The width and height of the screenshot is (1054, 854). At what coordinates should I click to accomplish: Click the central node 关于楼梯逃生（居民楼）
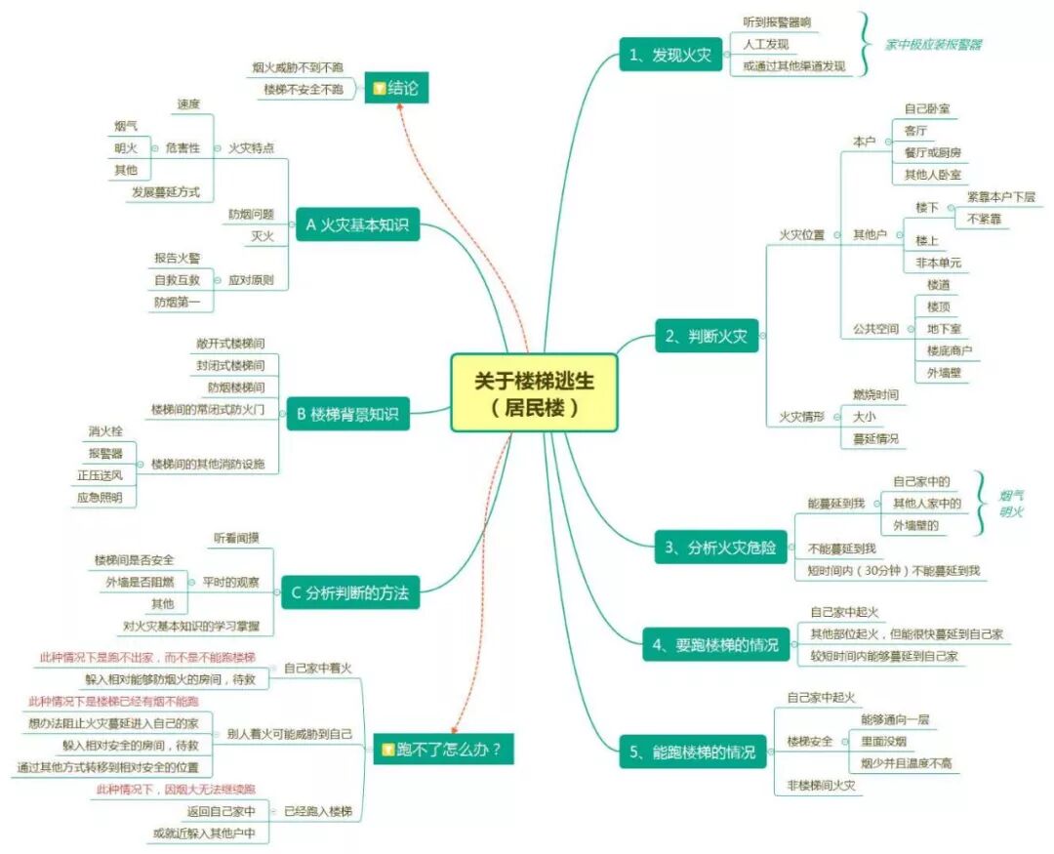(x=534, y=392)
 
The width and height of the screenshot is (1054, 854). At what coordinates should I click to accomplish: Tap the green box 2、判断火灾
(x=706, y=337)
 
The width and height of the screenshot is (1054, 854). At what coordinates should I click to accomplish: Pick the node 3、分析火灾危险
(x=719, y=548)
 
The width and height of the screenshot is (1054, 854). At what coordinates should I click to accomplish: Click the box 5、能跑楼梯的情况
(x=693, y=752)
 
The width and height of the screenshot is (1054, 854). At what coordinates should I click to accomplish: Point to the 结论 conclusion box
(x=394, y=88)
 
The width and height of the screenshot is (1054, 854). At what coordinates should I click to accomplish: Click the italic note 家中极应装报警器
(x=933, y=45)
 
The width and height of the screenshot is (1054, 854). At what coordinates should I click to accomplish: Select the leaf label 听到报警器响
(x=777, y=21)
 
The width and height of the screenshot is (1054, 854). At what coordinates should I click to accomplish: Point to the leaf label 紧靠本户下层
(x=1000, y=196)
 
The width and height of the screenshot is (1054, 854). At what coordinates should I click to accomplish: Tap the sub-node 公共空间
(x=874, y=329)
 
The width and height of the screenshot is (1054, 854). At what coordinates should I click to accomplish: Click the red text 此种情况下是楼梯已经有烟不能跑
(x=113, y=701)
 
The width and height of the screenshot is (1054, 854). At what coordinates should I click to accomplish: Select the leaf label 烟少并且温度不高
(x=906, y=762)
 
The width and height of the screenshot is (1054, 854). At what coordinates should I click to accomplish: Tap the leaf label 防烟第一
(x=177, y=302)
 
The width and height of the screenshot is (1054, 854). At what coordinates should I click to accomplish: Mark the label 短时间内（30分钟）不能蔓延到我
(x=893, y=570)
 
